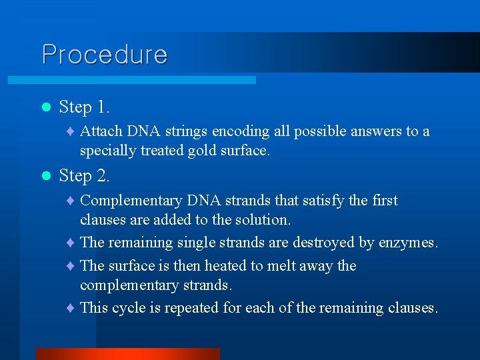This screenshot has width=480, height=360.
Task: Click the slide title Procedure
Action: click(105, 54)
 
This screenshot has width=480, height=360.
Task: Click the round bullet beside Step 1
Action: click(45, 107)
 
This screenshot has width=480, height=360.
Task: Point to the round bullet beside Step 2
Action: click(45, 176)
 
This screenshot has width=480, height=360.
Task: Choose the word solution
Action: click(262, 219)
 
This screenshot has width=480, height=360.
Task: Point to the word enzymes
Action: click(407, 243)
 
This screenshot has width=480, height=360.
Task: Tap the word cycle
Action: click(130, 308)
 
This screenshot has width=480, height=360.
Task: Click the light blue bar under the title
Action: click(132, 79)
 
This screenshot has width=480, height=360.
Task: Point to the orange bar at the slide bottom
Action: click(127, 353)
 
